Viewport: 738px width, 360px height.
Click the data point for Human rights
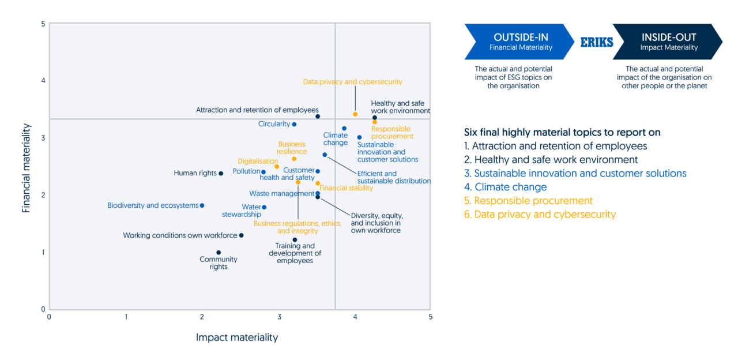[221, 173]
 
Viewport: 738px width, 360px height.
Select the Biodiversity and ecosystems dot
[202, 205]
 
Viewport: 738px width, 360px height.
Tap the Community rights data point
[219, 253]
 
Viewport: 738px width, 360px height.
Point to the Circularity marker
[294, 124]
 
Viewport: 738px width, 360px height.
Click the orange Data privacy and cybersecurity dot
[355, 114]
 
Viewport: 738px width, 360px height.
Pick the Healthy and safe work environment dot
[375, 118]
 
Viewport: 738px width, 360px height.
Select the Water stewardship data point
[264, 207]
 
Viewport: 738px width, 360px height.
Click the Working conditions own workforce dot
[241, 235]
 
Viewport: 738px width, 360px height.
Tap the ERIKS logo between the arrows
[596, 42]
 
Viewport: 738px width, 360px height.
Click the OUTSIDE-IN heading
[521, 37]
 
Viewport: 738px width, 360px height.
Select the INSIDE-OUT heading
[669, 37]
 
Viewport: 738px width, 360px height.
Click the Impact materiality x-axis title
[237, 337]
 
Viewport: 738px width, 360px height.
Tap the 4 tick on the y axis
[43, 81]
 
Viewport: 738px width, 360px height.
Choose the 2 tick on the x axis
[202, 317]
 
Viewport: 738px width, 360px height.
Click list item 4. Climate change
[506, 187]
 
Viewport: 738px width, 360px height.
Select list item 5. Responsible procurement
[528, 201]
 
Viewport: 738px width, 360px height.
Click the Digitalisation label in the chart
[258, 162]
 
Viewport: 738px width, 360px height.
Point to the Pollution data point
[263, 172]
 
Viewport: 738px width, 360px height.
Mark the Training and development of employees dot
[295, 239]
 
